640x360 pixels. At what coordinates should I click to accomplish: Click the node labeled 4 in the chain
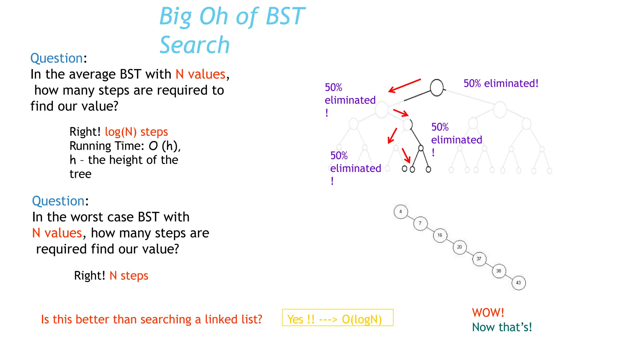click(x=401, y=212)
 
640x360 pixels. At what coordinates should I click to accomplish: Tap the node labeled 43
click(x=518, y=283)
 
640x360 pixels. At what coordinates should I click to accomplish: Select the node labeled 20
click(x=460, y=247)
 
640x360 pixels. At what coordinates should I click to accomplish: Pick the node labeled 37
click(x=479, y=259)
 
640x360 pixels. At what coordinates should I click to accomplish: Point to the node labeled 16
click(x=440, y=235)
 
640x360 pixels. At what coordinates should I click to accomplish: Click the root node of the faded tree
click(x=437, y=88)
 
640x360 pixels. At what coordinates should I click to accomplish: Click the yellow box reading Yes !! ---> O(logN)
click(x=337, y=317)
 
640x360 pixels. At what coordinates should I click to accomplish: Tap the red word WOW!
click(x=488, y=312)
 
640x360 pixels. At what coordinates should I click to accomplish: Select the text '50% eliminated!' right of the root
click(x=501, y=83)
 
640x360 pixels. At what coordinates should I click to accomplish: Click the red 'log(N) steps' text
click(x=136, y=132)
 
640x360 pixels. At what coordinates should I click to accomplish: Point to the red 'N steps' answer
click(x=129, y=276)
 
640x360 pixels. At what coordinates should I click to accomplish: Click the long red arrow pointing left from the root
click(x=405, y=86)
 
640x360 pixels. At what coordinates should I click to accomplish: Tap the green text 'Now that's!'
click(x=502, y=327)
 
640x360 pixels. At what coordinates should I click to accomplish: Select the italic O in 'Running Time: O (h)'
click(x=153, y=146)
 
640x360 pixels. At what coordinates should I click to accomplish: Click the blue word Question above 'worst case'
click(x=58, y=201)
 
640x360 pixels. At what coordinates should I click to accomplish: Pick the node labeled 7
click(x=420, y=223)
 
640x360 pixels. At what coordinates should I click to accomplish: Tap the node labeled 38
click(x=499, y=271)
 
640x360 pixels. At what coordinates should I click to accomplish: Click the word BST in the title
click(x=285, y=16)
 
